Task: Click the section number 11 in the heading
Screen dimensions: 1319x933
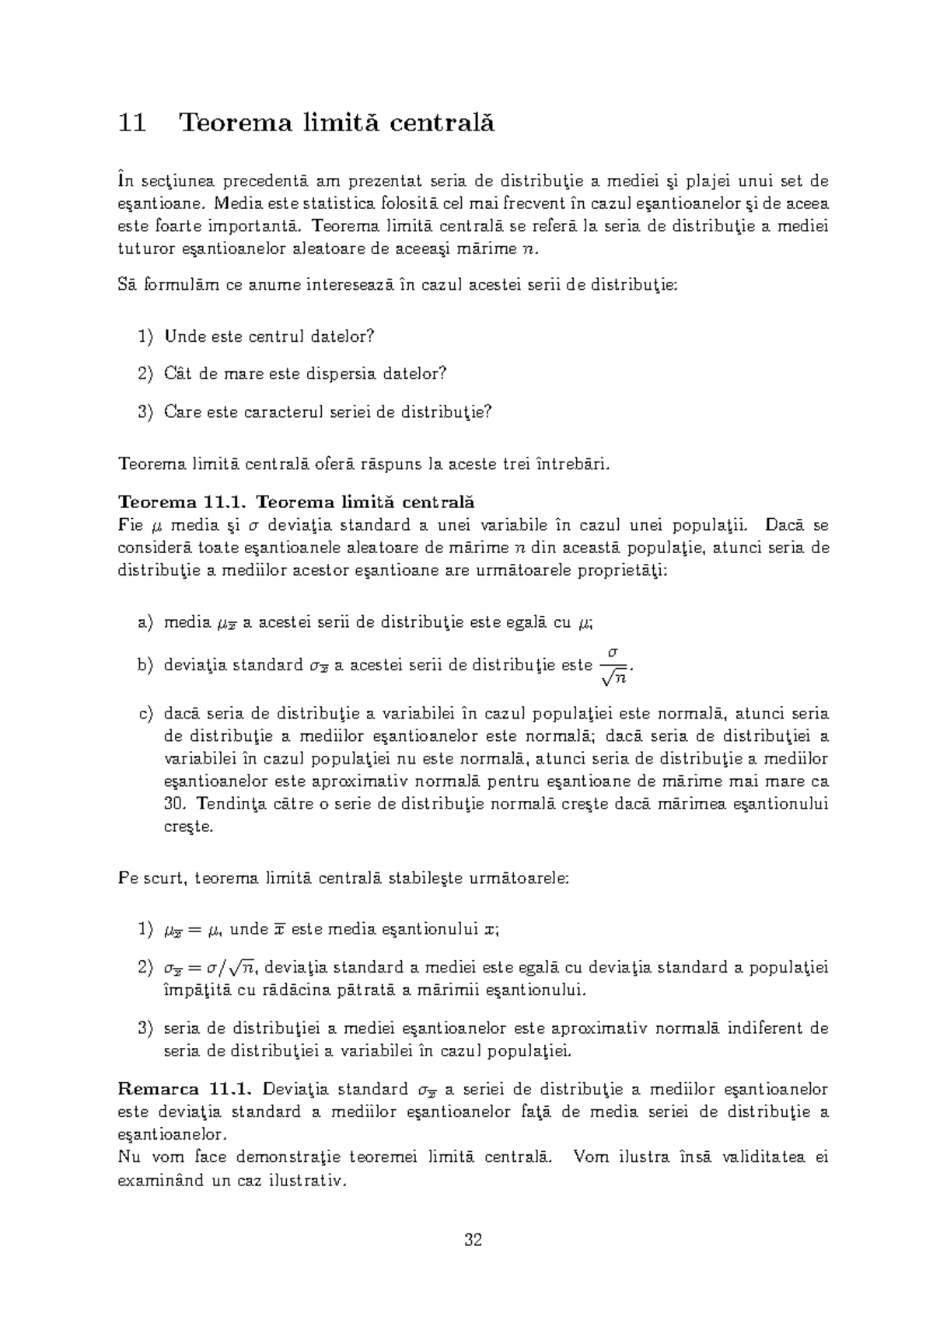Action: pos(132,123)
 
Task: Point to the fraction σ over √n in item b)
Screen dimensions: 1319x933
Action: pos(613,666)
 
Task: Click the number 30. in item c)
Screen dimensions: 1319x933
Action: pos(174,803)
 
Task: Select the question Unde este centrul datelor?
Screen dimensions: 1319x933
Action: pos(269,336)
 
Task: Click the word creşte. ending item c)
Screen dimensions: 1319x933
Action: pos(187,827)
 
